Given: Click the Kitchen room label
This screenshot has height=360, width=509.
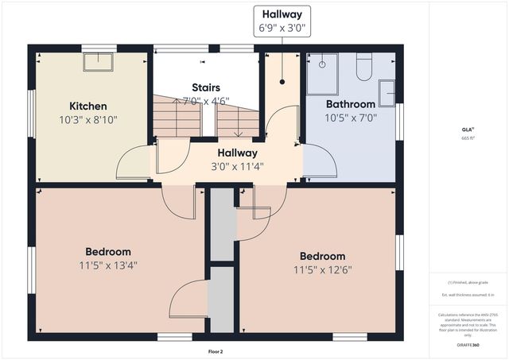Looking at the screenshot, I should pyautogui.click(x=88, y=106).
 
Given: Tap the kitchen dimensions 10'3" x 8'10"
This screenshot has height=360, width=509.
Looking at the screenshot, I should pyautogui.click(x=88, y=120).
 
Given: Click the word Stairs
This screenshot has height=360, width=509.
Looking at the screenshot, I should pyautogui.click(x=205, y=87).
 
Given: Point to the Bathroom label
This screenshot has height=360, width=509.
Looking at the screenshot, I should pyautogui.click(x=350, y=104).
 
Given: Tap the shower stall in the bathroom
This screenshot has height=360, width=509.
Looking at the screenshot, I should pyautogui.click(x=324, y=68).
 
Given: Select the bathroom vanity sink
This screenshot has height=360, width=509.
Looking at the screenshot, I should pyautogui.click(x=387, y=93).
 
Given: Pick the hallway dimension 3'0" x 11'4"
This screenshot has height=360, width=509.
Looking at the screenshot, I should pyautogui.click(x=237, y=167).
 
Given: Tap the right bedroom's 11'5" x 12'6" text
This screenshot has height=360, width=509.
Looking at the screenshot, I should pyautogui.click(x=322, y=269).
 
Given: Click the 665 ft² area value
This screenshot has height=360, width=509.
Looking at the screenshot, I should pyautogui.click(x=468, y=137).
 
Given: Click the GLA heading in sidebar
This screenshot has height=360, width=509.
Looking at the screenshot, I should pyautogui.click(x=468, y=128).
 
